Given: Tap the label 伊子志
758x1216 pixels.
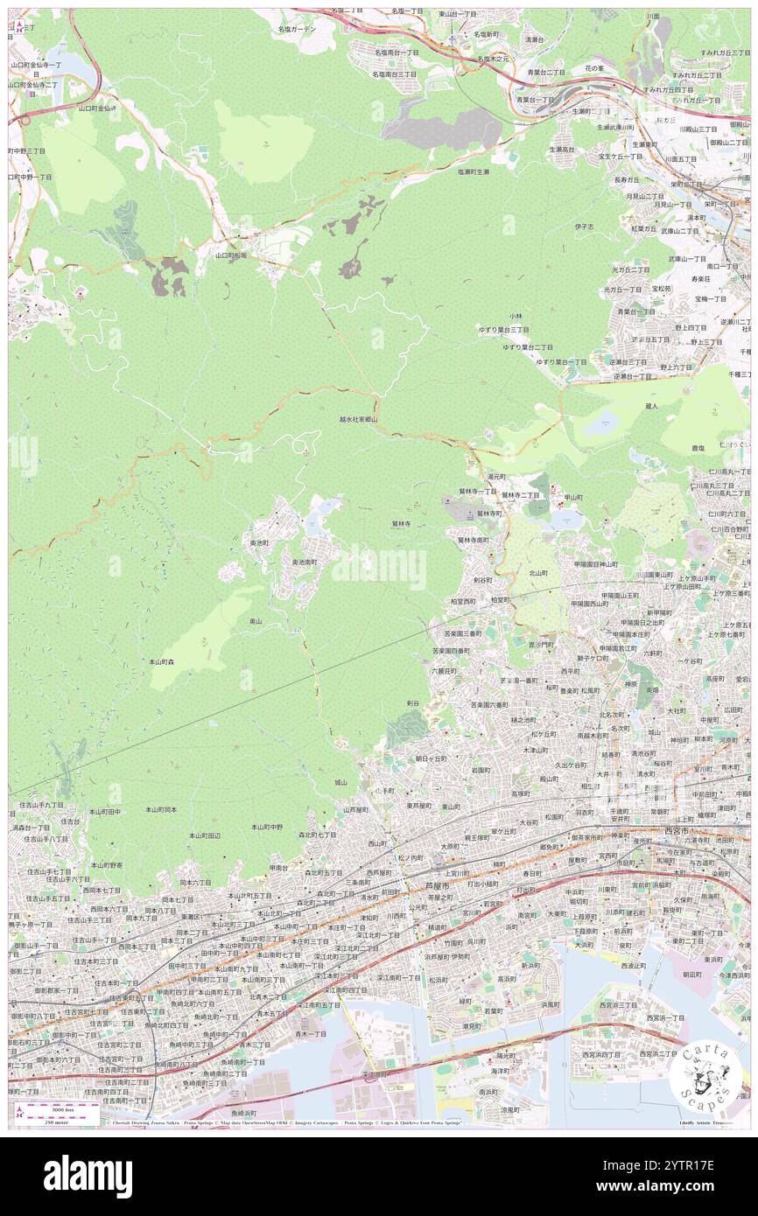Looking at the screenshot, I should [584, 227].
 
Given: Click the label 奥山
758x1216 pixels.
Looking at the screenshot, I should [256, 620].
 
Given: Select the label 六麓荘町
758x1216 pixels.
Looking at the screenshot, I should [444, 670].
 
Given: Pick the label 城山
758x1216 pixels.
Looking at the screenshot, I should [340, 782].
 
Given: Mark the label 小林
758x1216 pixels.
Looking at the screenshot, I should [516, 316].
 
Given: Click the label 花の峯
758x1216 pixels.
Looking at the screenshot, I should [594, 68].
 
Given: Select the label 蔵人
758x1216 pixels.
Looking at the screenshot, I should [650, 406].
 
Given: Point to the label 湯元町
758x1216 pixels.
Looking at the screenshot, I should [496, 477].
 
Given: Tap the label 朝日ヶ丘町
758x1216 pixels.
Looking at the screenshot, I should [431, 758].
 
